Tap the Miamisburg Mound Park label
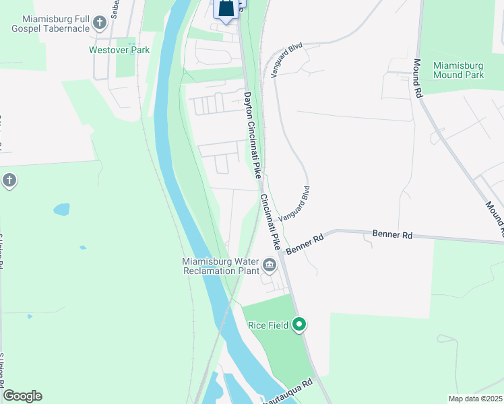(458, 70)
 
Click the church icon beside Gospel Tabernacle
(100, 24)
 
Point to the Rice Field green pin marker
(299, 325)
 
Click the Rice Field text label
(268, 325)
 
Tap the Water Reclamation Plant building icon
(270, 265)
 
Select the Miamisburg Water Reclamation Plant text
(220, 266)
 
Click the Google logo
(22, 396)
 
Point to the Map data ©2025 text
(474, 399)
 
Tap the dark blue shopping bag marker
(227, 8)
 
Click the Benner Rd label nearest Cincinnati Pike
(305, 244)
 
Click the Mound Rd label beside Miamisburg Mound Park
(418, 79)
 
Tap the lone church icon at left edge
(9, 180)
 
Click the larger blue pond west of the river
(61, 209)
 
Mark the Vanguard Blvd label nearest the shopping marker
(287, 61)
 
